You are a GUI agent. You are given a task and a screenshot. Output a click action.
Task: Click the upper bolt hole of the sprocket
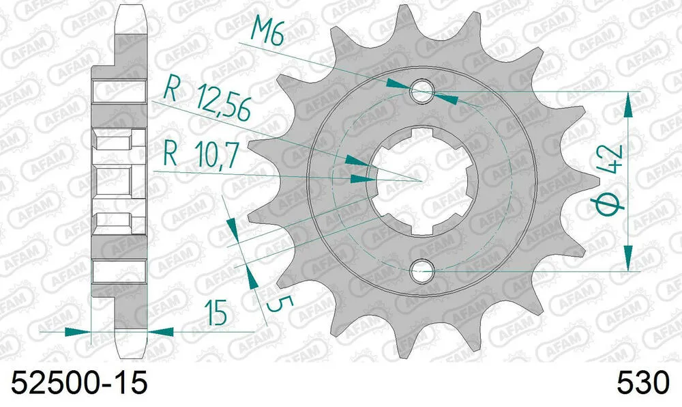click(422, 91)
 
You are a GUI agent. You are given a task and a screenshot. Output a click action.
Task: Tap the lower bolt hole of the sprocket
click(422, 271)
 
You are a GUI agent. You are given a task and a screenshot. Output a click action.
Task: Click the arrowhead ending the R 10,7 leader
click(361, 179)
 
